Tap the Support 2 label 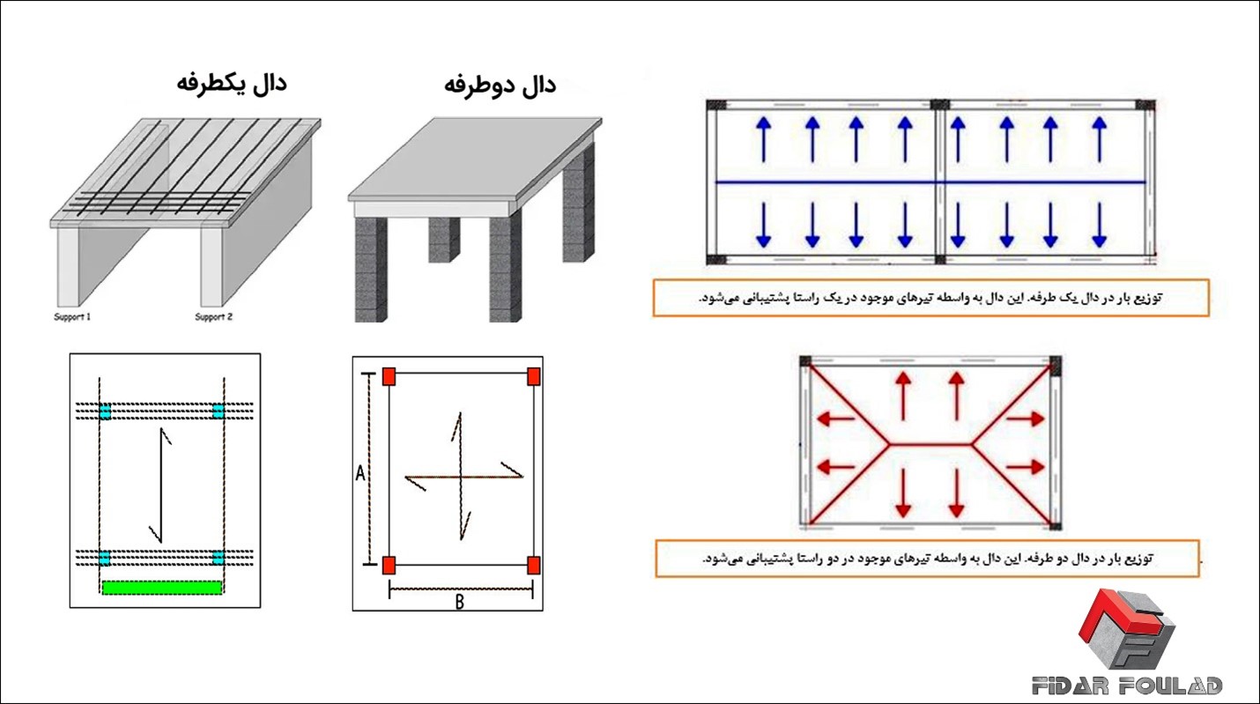click(213, 317)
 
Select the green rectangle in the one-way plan click(161, 587)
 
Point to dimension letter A click(359, 474)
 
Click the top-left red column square click(389, 377)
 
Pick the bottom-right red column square click(533, 565)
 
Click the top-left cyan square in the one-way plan click(105, 411)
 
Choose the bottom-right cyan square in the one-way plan click(218, 558)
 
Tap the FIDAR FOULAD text click(1127, 685)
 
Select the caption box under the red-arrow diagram click(927, 559)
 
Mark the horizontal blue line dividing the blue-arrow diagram click(930, 182)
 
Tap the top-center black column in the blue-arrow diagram click(940, 104)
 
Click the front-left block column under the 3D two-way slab click(370, 269)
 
